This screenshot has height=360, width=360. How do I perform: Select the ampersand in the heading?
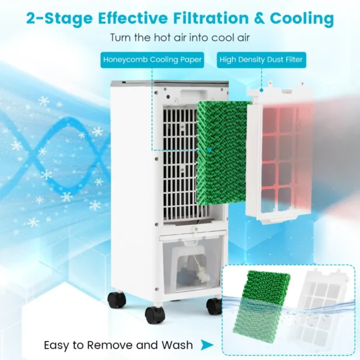click(x=259, y=19)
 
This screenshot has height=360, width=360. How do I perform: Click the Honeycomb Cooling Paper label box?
click(x=152, y=60)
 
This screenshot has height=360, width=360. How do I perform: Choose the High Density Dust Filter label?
click(x=261, y=60)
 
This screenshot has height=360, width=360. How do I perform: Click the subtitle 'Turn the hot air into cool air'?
click(x=180, y=37)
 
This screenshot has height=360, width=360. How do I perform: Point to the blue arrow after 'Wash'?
click(x=207, y=345)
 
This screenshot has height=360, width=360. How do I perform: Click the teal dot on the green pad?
click(x=209, y=151)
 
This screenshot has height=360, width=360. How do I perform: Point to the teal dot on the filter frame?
click(x=261, y=91)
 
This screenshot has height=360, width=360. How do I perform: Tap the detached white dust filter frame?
click(x=280, y=152)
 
